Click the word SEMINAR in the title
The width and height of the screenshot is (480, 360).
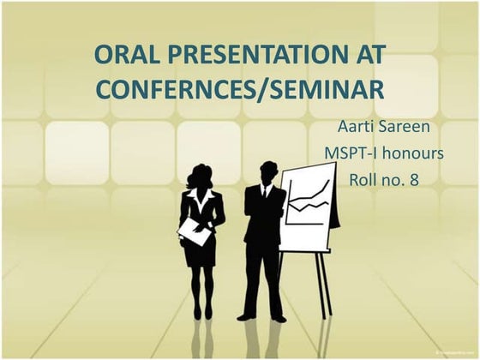click(x=327, y=88)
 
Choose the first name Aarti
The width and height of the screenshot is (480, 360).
click(x=358, y=128)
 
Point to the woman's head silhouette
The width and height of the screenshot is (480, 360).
click(x=200, y=176)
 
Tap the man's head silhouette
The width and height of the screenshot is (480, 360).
click(x=268, y=170)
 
